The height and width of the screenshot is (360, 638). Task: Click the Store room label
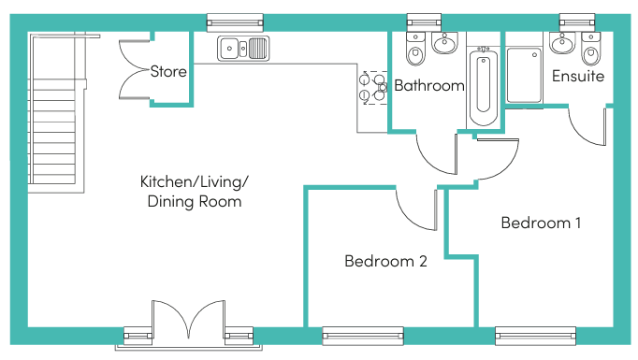click(168, 71)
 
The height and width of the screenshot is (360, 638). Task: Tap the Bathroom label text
click(429, 86)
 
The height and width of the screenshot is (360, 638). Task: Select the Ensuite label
click(577, 76)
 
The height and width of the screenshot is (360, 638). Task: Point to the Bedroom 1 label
click(541, 223)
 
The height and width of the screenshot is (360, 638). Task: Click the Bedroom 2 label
click(385, 262)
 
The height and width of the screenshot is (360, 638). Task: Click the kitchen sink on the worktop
click(243, 47)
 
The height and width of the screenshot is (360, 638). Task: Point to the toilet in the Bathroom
click(417, 47)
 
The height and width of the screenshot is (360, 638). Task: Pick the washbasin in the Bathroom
click(445, 43)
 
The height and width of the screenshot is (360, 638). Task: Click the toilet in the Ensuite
click(591, 46)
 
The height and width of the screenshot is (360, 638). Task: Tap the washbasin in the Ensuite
click(563, 42)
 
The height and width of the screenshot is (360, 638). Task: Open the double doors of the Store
click(136, 70)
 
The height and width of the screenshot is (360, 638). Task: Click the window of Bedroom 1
click(535, 335)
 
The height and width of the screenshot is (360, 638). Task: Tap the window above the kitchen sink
click(234, 20)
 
